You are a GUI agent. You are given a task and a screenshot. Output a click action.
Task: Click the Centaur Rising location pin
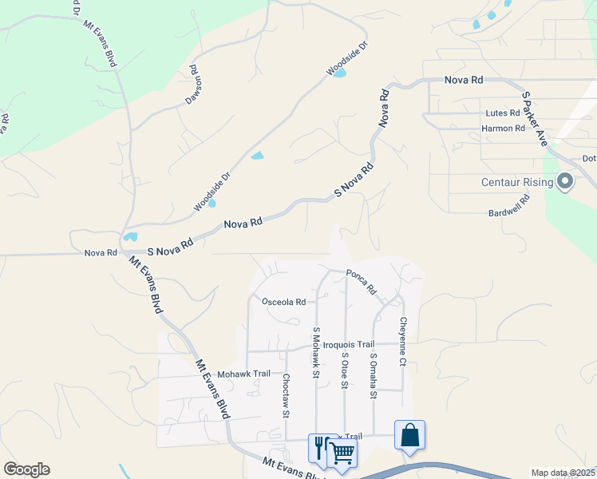(x=566, y=182)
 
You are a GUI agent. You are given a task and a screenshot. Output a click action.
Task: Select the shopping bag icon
(x=409, y=436)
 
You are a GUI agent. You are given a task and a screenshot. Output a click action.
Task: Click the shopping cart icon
(x=343, y=452)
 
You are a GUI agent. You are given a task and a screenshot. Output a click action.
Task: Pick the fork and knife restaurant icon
(x=320, y=447)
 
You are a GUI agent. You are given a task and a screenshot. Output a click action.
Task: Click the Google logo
(x=26, y=469)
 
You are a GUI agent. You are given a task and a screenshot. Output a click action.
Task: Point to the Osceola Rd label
(x=284, y=302)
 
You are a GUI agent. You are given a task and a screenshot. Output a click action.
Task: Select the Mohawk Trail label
(x=243, y=374)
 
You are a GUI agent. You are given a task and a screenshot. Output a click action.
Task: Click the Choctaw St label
(x=286, y=396)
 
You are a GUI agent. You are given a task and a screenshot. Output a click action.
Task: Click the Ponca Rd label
(x=361, y=280)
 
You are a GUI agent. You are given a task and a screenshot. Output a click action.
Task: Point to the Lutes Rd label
(x=503, y=114)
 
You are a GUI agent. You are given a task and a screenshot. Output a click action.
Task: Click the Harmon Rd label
(x=503, y=128)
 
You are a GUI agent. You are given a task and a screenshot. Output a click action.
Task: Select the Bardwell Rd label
(x=510, y=208)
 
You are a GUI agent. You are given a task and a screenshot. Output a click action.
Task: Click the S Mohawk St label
(x=316, y=352)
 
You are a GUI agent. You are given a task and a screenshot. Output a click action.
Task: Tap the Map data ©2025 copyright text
(x=562, y=473)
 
